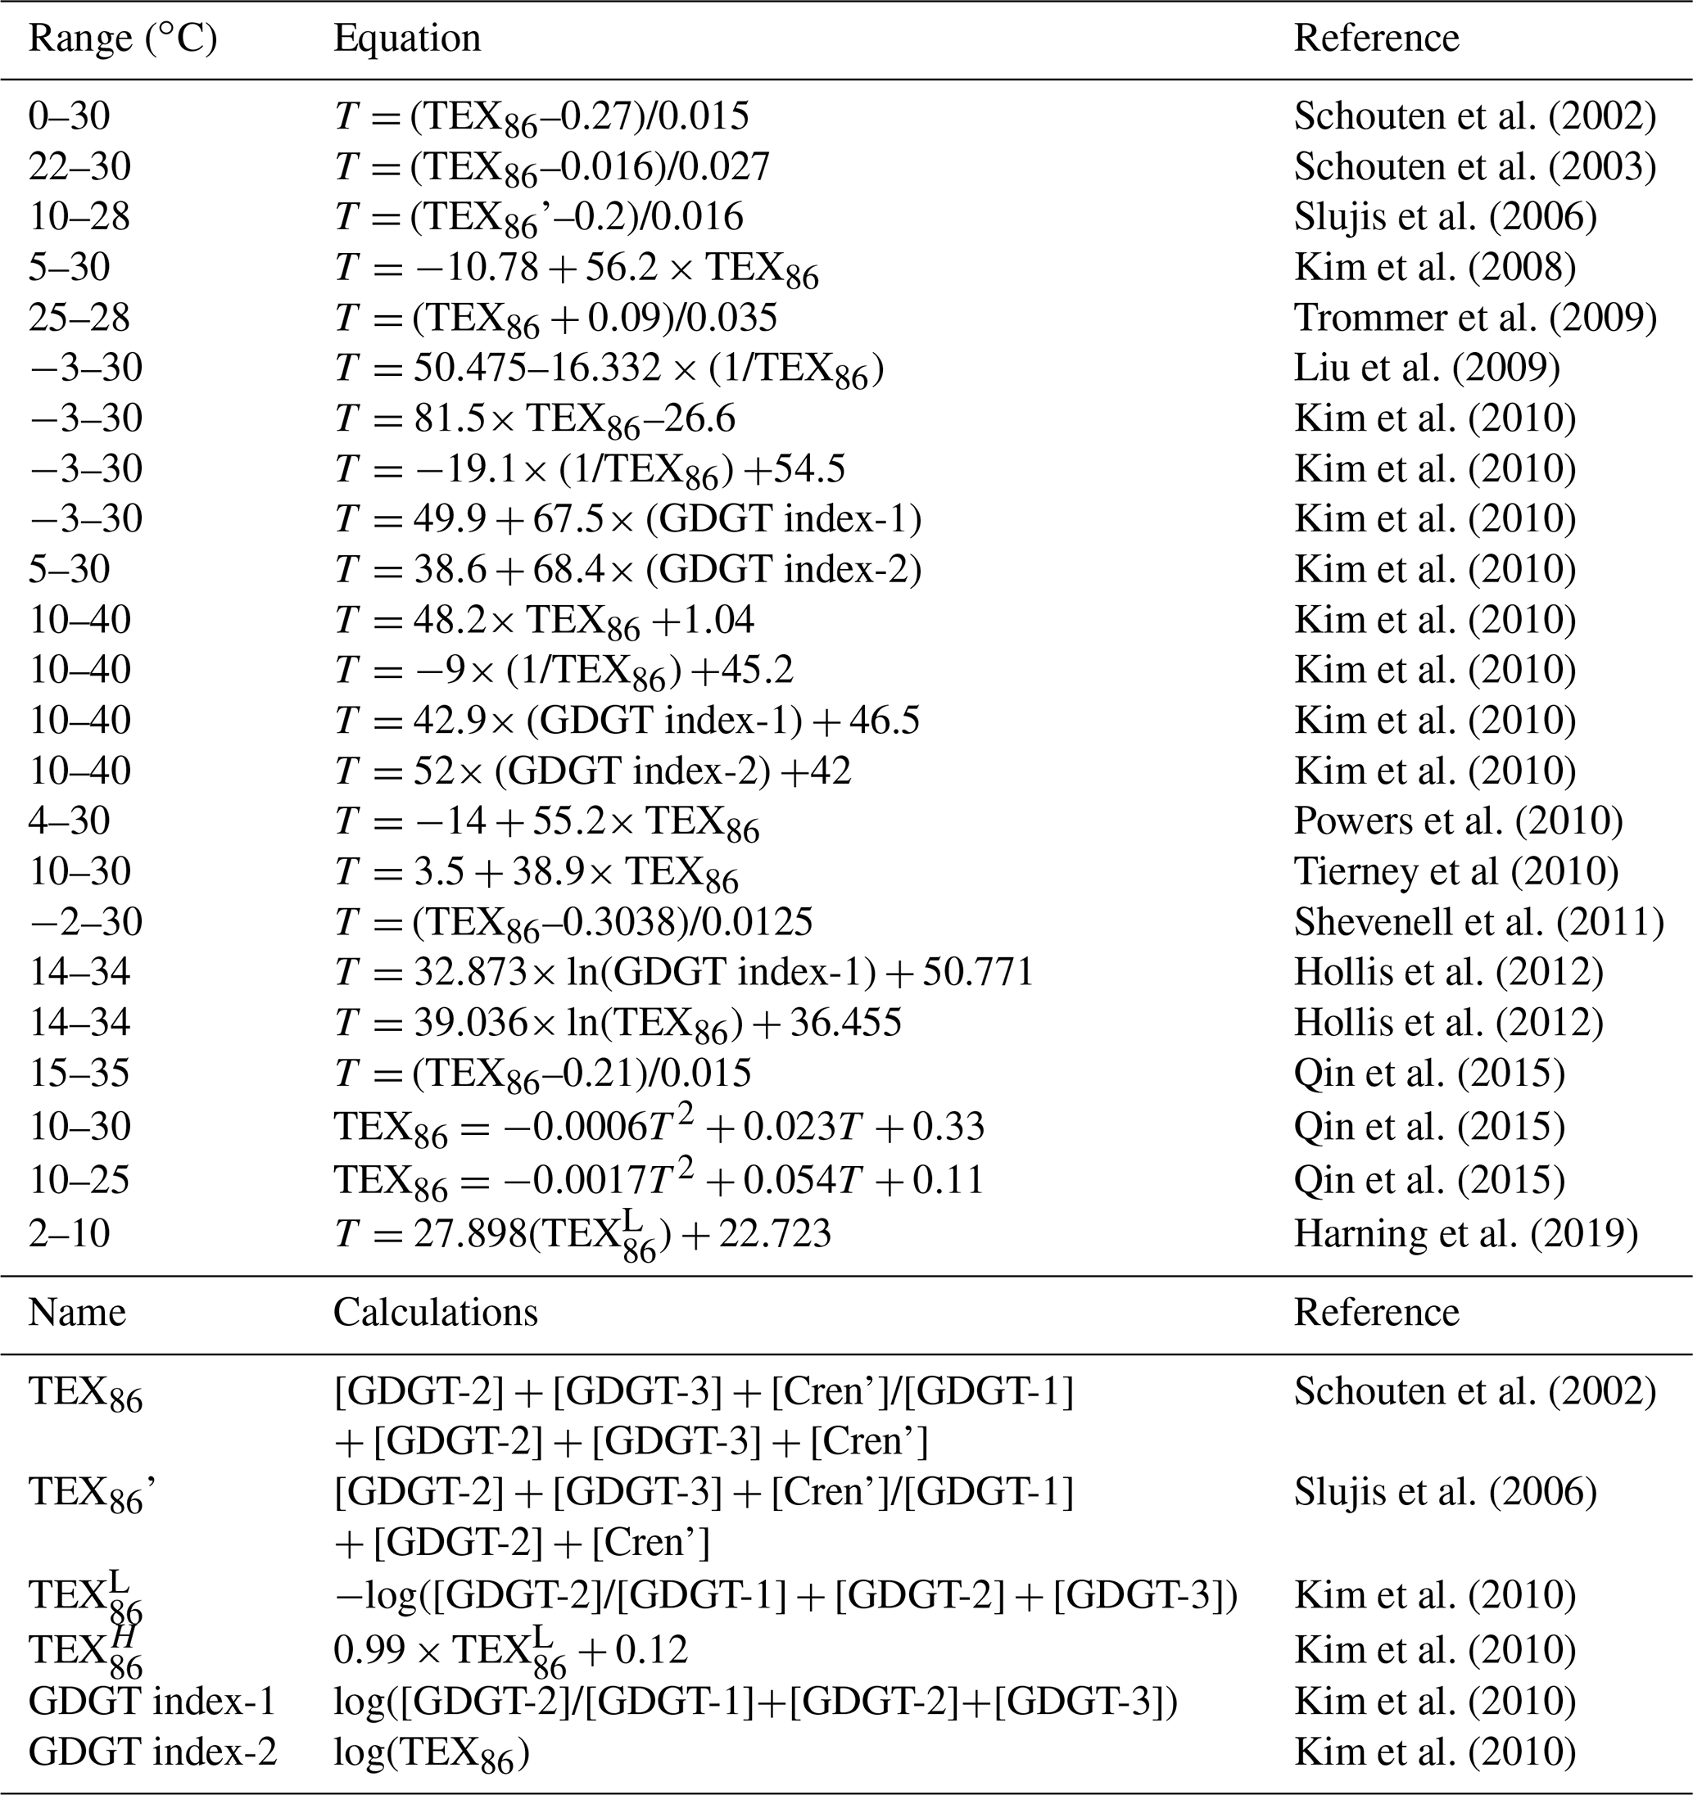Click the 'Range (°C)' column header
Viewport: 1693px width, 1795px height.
click(x=123, y=38)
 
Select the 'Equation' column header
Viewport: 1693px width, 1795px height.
click(x=406, y=38)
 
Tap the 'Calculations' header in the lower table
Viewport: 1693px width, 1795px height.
click(x=435, y=1313)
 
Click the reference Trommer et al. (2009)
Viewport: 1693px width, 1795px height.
click(x=1474, y=318)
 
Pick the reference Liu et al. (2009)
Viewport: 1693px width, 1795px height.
click(x=1427, y=368)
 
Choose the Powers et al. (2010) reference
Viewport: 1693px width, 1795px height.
click(x=1458, y=821)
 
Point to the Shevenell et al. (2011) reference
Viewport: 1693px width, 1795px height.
click(x=1478, y=922)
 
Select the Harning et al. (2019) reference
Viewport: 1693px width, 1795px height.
click(x=1465, y=1233)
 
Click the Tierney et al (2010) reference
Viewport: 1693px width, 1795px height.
click(x=1455, y=871)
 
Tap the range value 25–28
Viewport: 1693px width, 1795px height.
click(x=79, y=318)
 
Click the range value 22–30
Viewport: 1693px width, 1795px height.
click(x=79, y=167)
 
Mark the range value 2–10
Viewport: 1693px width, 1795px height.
click(x=69, y=1233)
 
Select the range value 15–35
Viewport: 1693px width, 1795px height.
click(x=79, y=1074)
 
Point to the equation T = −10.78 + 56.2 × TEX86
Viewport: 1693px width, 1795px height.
click(x=576, y=268)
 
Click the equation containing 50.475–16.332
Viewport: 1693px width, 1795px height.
click(x=609, y=369)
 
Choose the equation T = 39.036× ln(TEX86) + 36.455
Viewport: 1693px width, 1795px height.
click(x=618, y=1023)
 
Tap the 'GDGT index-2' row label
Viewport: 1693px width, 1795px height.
click(x=152, y=1752)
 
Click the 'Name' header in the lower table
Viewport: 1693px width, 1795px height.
click(x=77, y=1313)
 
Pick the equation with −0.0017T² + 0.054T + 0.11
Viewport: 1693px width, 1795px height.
click(x=659, y=1180)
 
